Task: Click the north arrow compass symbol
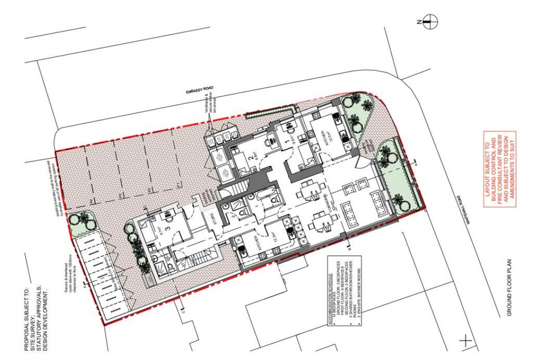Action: tap(431, 21)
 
